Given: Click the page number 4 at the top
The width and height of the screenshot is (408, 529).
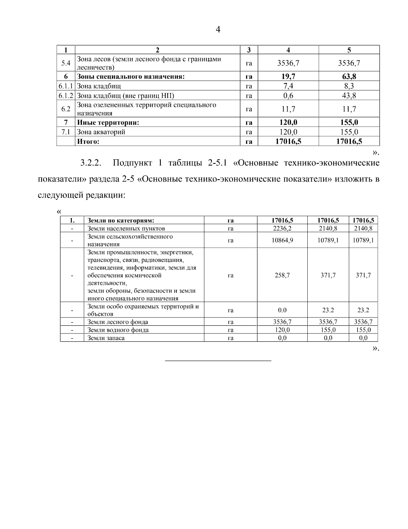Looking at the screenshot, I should coord(218,30).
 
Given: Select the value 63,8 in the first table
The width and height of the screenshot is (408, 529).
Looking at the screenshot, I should coord(349,76).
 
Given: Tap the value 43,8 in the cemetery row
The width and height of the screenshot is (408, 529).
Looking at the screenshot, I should coord(349,95).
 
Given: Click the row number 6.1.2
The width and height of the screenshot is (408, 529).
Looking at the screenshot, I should coord(66,95).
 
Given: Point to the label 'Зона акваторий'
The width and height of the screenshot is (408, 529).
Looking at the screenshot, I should coord(101,132).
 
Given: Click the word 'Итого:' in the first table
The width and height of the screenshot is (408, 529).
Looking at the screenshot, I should coord(88,141).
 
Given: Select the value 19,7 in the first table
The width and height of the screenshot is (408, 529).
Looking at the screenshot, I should coord(288,76).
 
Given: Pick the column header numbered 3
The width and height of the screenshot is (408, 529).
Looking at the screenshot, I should coord(249,50).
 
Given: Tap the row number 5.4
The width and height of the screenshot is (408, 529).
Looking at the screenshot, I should coord(66,63).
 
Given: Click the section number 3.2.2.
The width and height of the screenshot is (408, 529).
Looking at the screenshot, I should coord(91,163).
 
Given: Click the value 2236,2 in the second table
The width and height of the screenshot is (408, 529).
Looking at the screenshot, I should coord(282,228).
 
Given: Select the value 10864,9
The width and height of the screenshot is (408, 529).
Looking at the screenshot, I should coord(282,240).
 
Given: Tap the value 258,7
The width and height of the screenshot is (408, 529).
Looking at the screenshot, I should coord(282,275).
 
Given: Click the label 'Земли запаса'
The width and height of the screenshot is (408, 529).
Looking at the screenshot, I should coord(106,338).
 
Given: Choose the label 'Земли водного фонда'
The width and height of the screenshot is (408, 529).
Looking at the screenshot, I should coord(118,330).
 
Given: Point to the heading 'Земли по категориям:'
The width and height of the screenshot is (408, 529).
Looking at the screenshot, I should coord(121,220).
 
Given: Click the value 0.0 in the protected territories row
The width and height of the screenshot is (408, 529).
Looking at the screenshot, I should coord(282,310).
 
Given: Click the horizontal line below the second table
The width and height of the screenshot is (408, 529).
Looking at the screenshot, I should coord(218,360).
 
